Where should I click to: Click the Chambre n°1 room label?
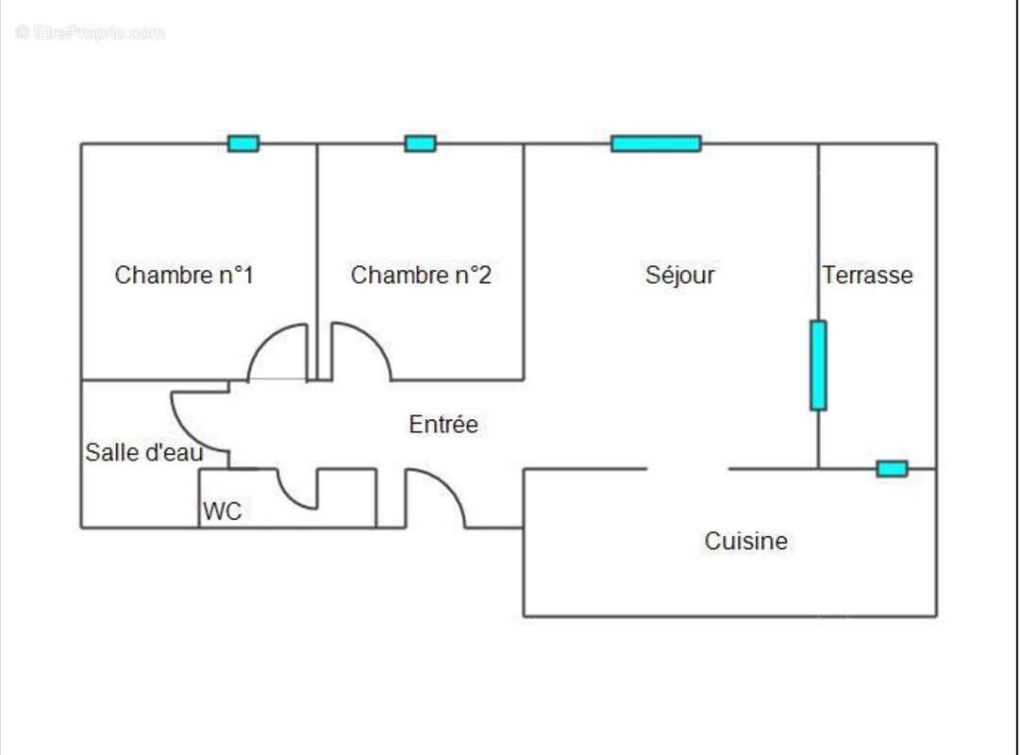point(184,276)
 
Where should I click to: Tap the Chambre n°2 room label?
point(421,276)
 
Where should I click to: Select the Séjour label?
point(679,276)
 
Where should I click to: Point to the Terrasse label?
point(867,276)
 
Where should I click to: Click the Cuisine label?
point(745,542)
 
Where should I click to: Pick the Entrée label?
point(443,425)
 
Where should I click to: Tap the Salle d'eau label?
point(143,453)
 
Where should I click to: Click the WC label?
point(222,512)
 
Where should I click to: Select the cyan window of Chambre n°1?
point(243,143)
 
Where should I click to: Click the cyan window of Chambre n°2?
point(420,143)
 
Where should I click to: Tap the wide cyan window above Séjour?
point(656,143)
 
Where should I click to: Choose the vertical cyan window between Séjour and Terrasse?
point(818,365)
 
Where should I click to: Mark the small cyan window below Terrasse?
point(892,469)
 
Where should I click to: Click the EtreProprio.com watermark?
point(91,33)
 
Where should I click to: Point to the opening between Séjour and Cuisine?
point(688,469)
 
